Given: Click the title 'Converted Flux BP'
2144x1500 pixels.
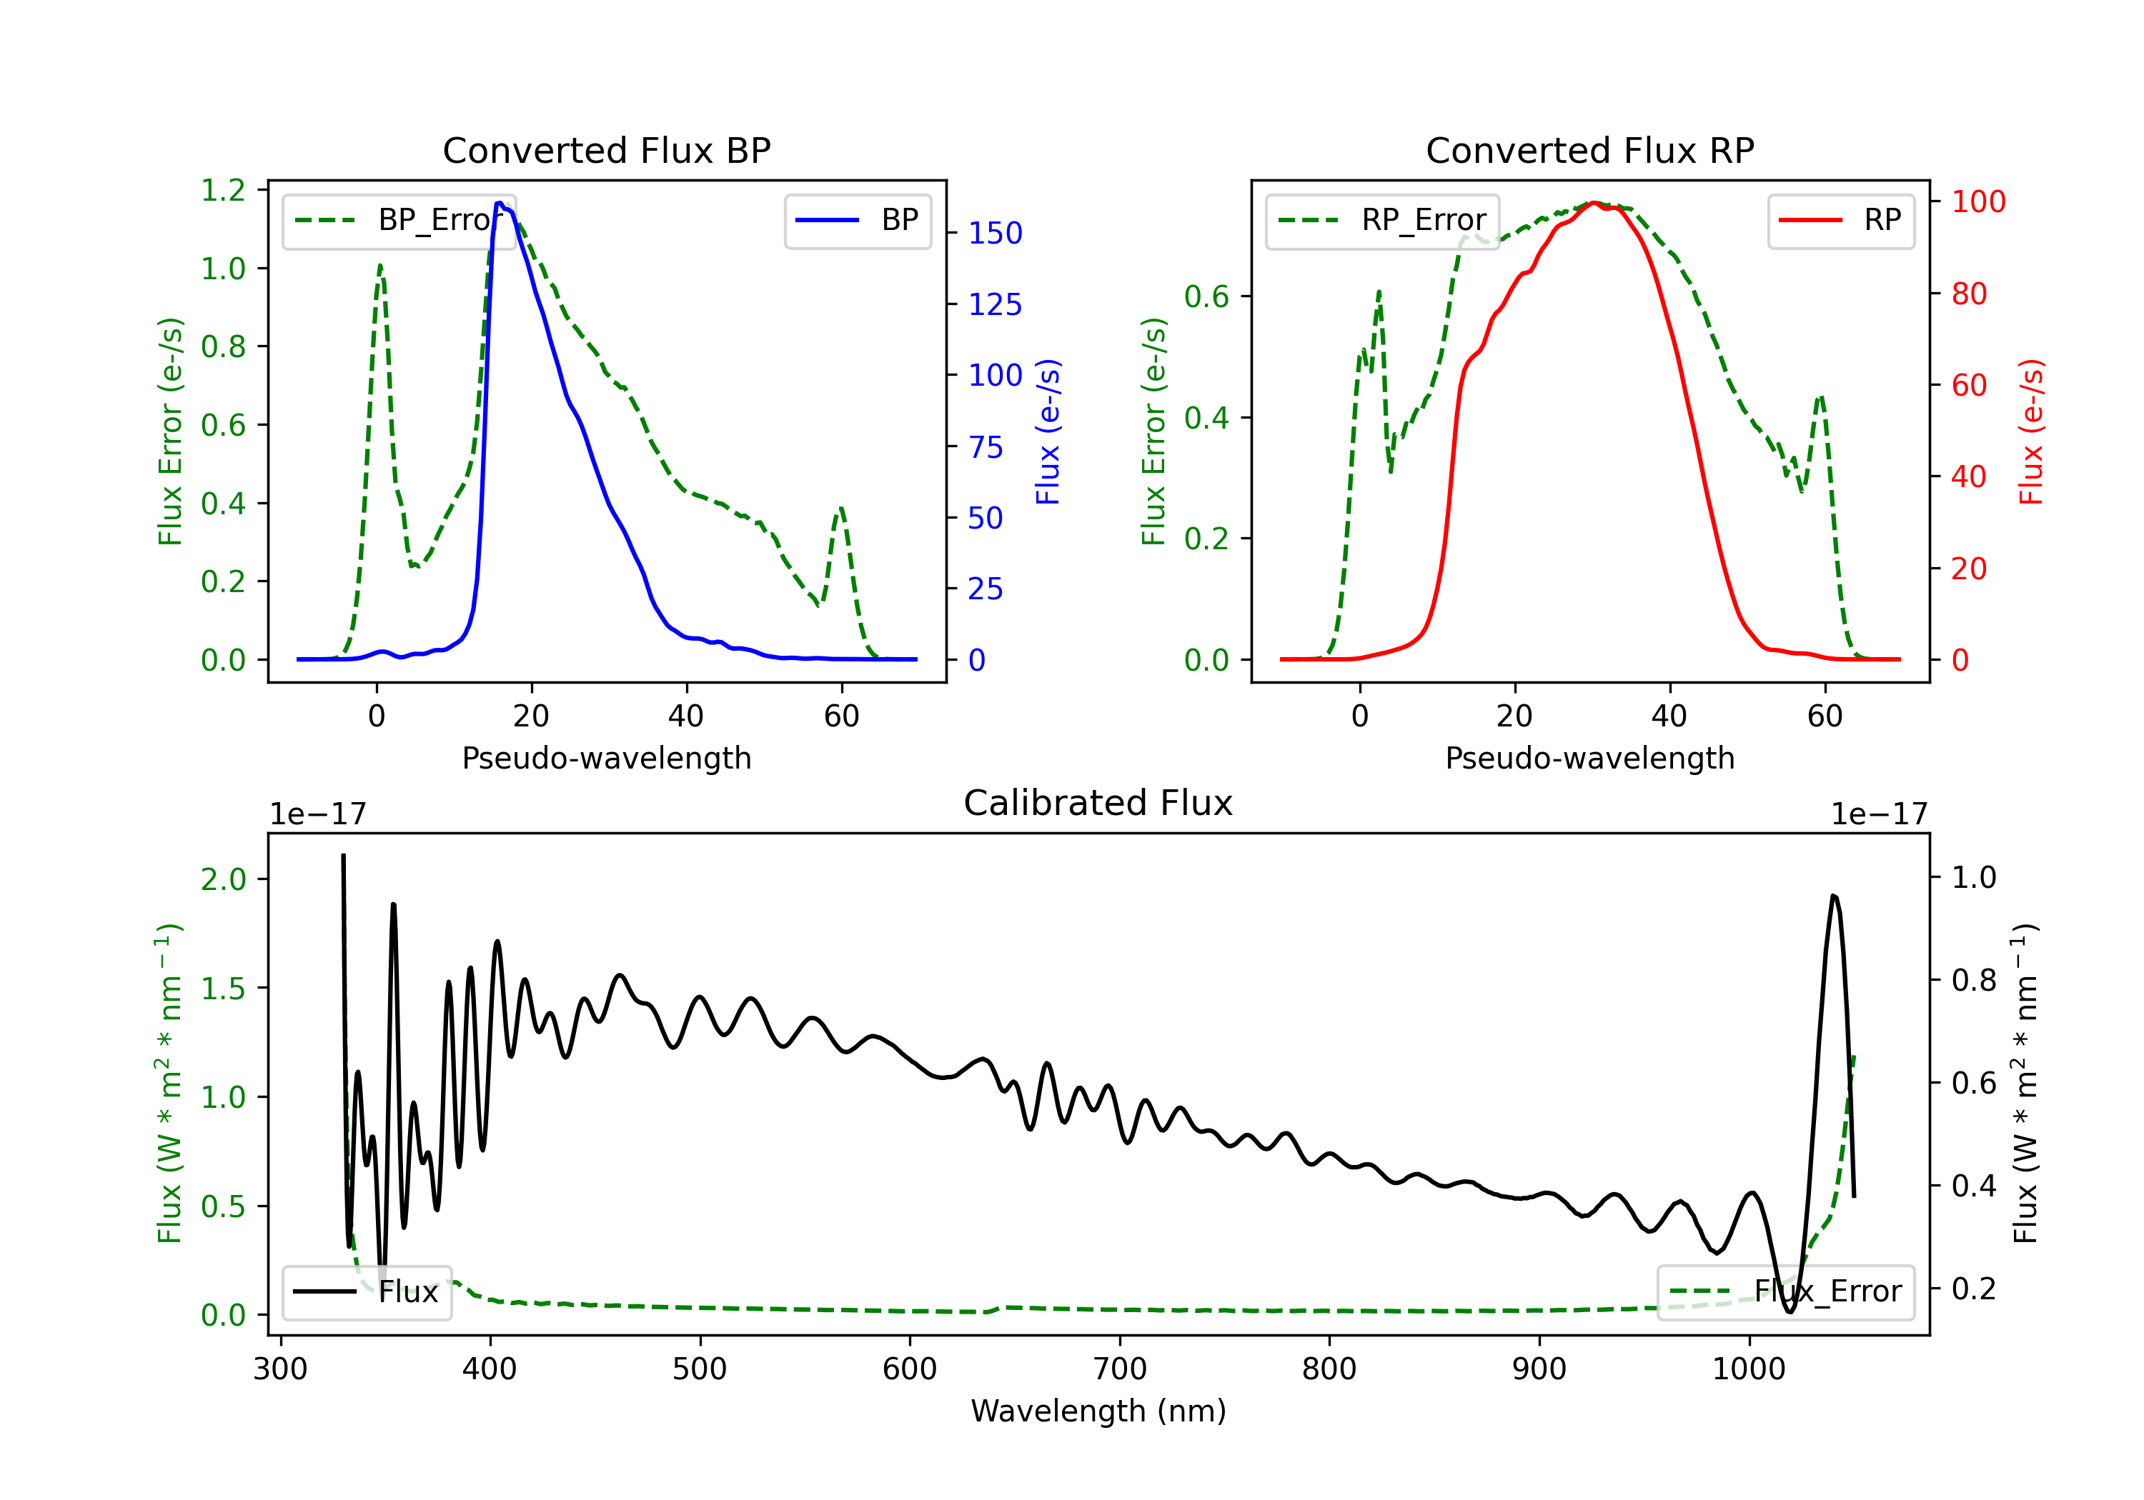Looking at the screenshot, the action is (607, 150).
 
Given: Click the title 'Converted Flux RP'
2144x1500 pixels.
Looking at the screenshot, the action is (1590, 150).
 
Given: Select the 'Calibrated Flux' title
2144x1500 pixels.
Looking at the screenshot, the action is (1098, 803).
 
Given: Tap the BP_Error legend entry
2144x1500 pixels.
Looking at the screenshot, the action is (399, 220).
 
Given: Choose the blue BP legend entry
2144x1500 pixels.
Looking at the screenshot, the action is (857, 220).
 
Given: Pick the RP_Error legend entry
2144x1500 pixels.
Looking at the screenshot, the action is (1382, 220).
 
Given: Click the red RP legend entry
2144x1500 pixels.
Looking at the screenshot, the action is (1840, 220).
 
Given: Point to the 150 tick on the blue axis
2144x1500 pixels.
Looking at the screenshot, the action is (996, 234).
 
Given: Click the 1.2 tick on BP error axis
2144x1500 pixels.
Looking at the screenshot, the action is (223, 191).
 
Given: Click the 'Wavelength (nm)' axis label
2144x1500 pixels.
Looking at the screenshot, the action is (1098, 1411).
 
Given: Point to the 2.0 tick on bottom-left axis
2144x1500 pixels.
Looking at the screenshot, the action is (223, 879).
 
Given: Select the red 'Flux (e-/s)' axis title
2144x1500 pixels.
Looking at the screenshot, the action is (2032, 432).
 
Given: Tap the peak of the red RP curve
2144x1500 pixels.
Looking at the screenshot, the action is (1594, 203).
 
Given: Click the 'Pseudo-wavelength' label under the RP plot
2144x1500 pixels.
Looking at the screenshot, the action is (1590, 758).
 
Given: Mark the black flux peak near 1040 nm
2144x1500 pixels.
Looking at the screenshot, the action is (1834, 896).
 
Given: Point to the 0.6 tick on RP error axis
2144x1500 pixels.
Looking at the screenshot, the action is (1206, 297).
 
